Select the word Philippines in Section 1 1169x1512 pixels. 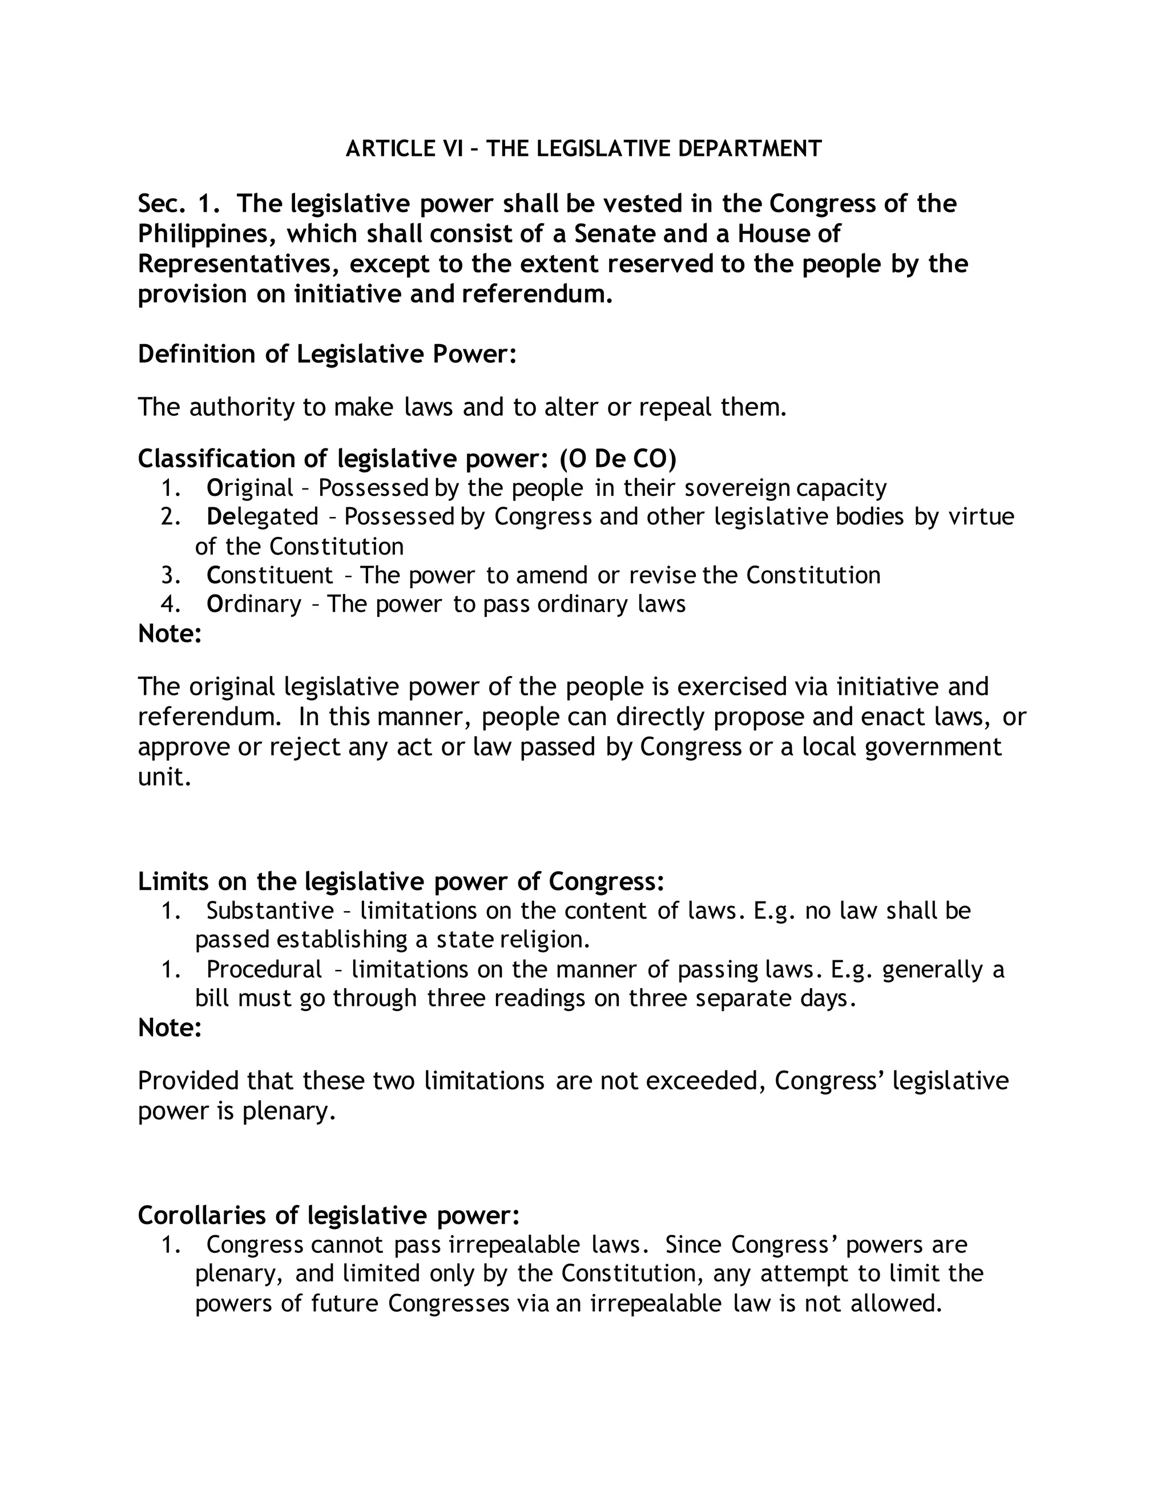[201, 234]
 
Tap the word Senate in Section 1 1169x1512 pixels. [614, 234]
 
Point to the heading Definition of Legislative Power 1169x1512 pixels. [327, 354]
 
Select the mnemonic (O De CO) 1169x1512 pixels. [618, 458]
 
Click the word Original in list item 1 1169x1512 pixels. [250, 488]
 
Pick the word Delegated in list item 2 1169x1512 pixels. [263, 516]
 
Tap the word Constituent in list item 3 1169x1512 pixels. [270, 575]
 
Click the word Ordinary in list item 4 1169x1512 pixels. [254, 604]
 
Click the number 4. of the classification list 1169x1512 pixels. [170, 604]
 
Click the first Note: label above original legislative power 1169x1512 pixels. [170, 633]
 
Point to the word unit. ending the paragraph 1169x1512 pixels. [164, 777]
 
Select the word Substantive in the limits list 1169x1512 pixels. [270, 911]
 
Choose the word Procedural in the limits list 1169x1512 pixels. [264, 969]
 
